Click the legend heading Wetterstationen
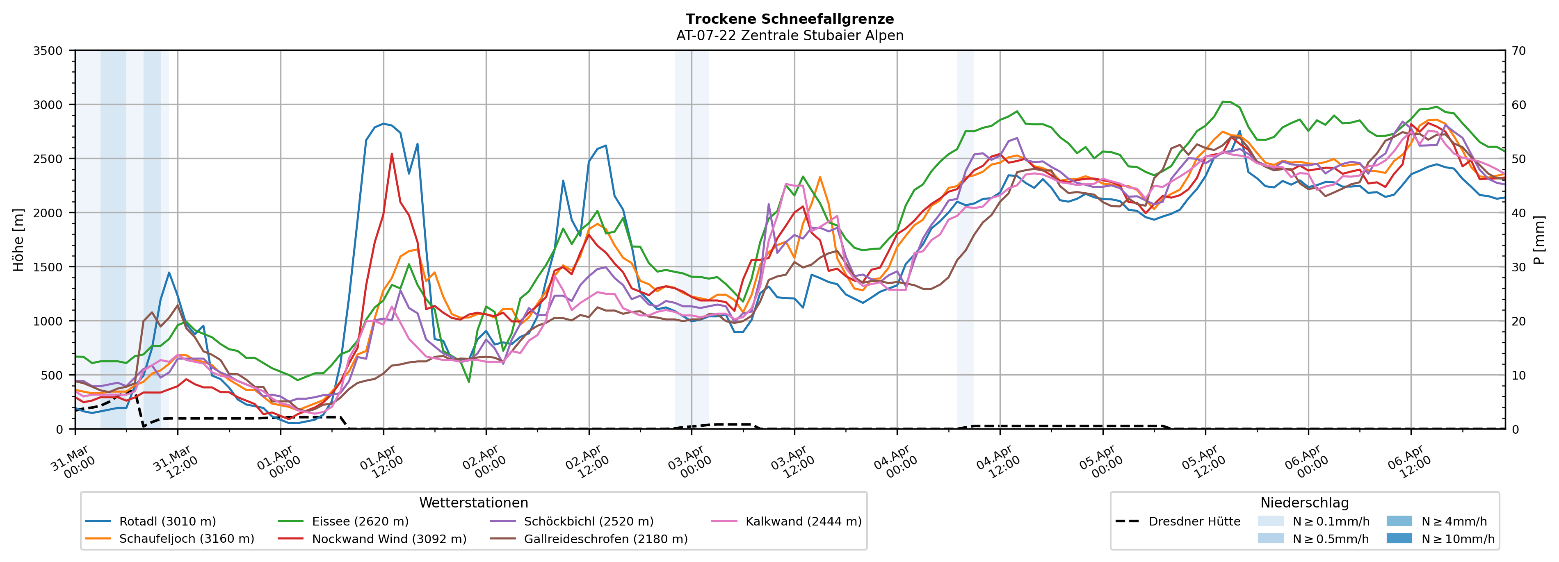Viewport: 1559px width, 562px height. pos(473,503)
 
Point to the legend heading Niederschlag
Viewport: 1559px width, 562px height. pos(1304,503)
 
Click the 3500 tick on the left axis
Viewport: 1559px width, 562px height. pos(48,51)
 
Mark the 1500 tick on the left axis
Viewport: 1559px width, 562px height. pos(48,267)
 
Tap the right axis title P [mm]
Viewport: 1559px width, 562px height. pos(1540,240)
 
